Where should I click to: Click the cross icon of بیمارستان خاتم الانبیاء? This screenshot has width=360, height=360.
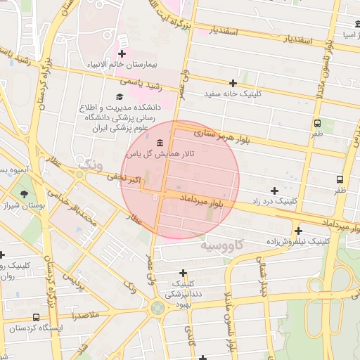coord(122,53)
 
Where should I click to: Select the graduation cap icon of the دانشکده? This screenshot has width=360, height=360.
coord(119,96)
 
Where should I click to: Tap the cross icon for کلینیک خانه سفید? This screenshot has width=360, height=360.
coord(233,83)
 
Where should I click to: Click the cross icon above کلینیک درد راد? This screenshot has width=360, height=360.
coord(274,191)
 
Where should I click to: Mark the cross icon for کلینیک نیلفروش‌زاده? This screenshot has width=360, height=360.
coord(299,231)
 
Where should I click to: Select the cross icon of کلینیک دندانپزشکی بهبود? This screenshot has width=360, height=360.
coord(184,273)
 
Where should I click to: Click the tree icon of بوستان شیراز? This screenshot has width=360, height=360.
coord(25,195)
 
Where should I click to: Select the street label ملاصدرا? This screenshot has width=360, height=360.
coord(94,317)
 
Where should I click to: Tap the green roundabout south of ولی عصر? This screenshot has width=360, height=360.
coord(156,307)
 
